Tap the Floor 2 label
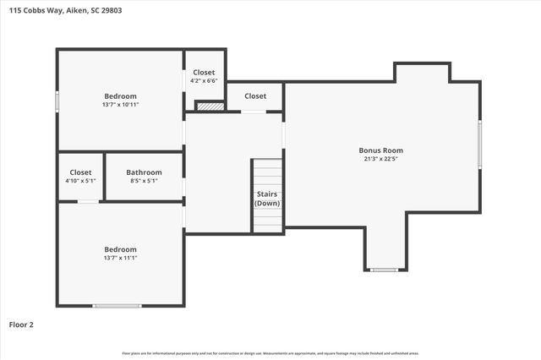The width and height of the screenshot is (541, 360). click(x=22, y=324)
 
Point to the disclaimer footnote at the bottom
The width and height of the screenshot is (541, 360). click(x=270, y=353)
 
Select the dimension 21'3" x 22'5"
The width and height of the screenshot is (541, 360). click(x=380, y=158)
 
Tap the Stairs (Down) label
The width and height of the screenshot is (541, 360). click(x=267, y=199)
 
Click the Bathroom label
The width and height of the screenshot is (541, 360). click(x=144, y=172)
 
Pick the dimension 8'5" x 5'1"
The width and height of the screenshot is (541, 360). click(x=144, y=181)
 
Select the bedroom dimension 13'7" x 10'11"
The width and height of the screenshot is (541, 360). click(x=120, y=105)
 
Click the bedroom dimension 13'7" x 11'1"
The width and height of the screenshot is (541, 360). click(x=120, y=258)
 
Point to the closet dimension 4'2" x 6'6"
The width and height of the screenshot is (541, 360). click(x=205, y=82)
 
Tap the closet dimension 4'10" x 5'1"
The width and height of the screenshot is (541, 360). click(x=80, y=181)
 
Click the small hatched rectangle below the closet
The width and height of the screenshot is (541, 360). click(x=209, y=106)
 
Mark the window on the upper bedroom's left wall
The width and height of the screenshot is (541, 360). click(x=57, y=101)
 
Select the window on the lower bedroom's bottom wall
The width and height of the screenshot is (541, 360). click(x=117, y=305)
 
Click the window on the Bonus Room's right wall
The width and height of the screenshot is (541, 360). click(x=479, y=145)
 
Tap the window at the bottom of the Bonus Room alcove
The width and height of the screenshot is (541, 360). click(x=384, y=270)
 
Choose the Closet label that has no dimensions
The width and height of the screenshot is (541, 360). click(x=255, y=96)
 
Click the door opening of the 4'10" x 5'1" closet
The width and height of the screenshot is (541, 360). click(x=88, y=201)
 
